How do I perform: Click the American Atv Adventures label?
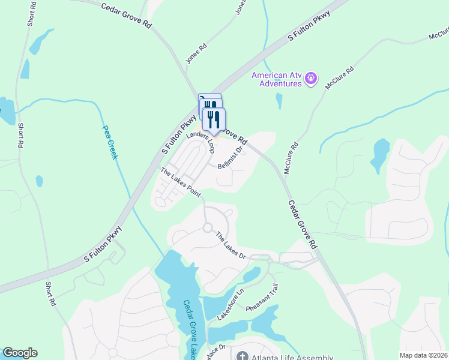(276, 79)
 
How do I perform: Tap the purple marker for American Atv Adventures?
(311, 78)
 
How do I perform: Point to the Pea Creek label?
(110, 142)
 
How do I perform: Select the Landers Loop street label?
(200, 142)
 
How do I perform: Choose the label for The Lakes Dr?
(231, 245)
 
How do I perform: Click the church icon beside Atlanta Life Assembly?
(242, 356)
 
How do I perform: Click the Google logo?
(19, 353)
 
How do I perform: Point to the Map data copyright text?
(423, 355)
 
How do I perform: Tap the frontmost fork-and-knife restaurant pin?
(214, 119)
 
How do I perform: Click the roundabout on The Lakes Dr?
(208, 228)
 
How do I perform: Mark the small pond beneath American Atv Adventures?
(279, 101)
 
